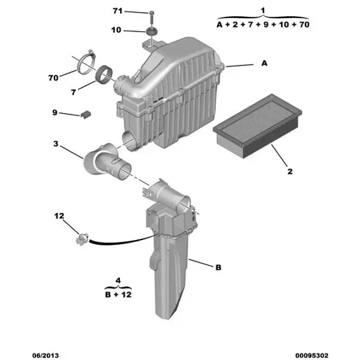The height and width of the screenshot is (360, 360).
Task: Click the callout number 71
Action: tap(118, 11)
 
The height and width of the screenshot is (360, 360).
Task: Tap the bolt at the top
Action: tap(152, 17)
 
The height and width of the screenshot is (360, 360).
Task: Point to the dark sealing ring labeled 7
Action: tap(104, 74)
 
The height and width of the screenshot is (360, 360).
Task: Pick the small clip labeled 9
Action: tap(86, 115)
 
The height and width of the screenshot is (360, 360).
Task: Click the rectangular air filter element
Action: tap(257, 126)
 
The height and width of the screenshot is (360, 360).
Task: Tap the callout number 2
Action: tap(290, 171)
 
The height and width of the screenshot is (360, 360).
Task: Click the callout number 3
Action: tap(56, 144)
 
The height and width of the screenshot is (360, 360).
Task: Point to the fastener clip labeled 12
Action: tap(82, 239)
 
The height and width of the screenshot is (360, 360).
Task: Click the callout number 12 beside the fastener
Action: tap(59, 216)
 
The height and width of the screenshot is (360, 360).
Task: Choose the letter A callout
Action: tap(264, 63)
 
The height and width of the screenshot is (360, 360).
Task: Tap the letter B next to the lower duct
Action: tap(218, 267)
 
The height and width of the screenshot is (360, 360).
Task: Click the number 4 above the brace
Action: tap(118, 280)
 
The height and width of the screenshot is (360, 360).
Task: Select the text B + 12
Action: tap(118, 295)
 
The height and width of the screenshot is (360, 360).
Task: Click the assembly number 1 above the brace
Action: tap(263, 10)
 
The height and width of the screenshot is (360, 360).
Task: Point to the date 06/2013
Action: tap(46, 355)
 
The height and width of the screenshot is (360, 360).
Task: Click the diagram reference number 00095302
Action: tap(312, 355)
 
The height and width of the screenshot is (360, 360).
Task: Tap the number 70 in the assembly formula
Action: tap(304, 25)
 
